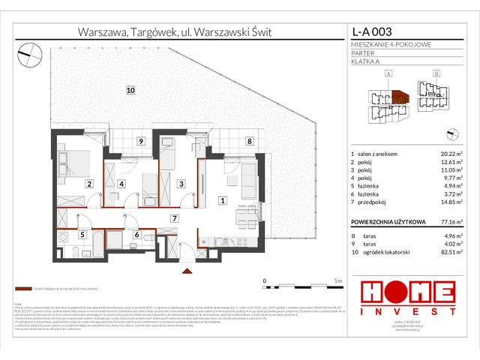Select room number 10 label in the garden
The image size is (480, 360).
(130, 91)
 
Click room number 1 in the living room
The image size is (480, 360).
(222, 200)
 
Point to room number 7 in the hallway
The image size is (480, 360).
(173, 218)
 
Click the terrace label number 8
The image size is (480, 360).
(249, 140)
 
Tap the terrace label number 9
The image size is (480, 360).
(139, 141)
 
